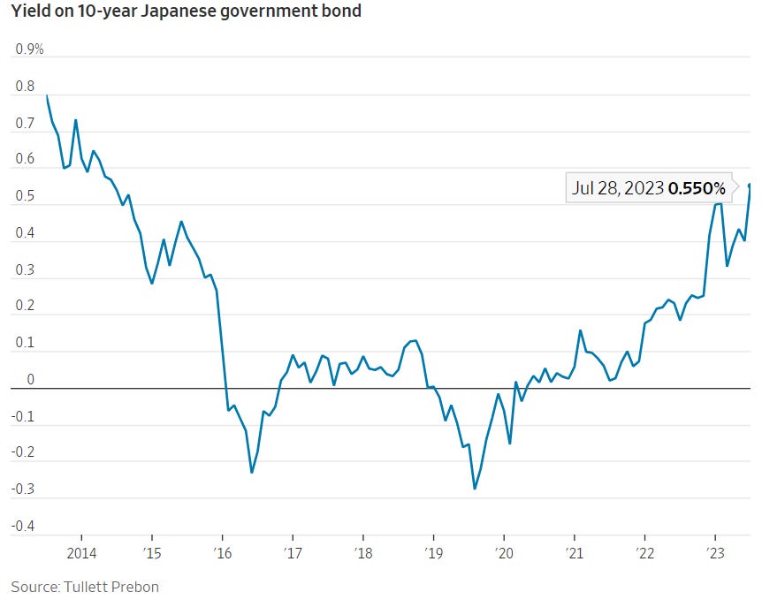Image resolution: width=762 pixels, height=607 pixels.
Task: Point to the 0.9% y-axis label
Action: (30, 49)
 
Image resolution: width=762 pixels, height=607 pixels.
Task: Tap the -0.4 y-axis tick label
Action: (24, 527)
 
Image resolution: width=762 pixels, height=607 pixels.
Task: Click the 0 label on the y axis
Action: (32, 381)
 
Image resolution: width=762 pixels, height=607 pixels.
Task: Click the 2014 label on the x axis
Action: (81, 554)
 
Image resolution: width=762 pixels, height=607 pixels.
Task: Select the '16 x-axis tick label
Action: (223, 554)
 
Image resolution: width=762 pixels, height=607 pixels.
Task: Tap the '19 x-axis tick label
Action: (433, 554)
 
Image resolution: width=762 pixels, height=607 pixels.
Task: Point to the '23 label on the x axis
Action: (714, 554)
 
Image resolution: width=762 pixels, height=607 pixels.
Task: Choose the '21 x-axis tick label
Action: (575, 554)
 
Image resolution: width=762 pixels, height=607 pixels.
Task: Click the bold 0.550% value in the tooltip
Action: (697, 188)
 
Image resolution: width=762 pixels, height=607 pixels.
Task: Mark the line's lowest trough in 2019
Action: (475, 489)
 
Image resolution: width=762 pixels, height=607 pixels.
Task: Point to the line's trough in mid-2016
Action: (252, 472)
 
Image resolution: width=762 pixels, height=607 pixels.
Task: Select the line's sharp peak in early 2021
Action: (580, 330)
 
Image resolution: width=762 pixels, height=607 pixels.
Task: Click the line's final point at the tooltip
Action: (751, 185)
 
